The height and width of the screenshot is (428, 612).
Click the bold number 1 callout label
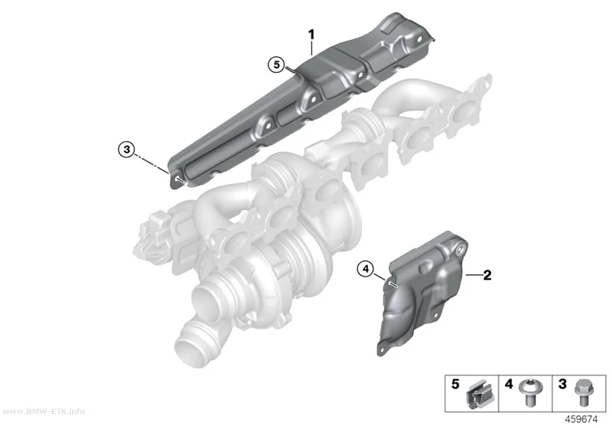(311, 34)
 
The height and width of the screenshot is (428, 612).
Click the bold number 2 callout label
(487, 275)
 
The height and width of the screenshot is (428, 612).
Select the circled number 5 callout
(277, 65)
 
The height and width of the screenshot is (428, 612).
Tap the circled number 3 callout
(126, 150)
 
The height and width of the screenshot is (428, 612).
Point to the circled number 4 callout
(365, 269)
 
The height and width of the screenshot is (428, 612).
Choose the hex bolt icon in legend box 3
(582, 393)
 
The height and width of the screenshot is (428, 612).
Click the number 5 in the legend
(455, 384)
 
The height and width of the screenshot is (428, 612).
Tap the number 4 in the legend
(509, 384)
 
